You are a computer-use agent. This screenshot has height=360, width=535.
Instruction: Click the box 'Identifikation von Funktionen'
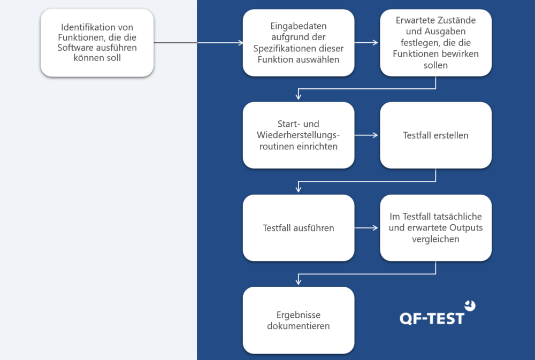point(97,42)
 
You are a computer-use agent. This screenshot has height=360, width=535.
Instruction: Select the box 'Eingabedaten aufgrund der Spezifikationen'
point(298,43)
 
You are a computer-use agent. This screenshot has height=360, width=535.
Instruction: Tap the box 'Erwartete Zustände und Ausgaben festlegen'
point(435,42)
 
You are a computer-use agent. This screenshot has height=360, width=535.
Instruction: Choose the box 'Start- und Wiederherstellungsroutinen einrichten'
point(298,135)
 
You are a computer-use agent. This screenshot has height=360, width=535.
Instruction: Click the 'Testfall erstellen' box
point(435,135)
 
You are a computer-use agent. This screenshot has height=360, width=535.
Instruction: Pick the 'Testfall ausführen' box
point(298,228)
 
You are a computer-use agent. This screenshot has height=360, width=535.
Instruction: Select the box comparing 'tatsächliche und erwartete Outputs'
point(435,228)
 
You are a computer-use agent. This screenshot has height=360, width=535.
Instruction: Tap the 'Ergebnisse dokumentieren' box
point(298,320)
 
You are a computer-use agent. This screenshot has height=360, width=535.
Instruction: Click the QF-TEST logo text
point(432,318)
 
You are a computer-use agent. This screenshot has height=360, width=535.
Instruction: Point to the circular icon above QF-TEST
point(470,305)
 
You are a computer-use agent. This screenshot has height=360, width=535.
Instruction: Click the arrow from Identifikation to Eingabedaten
point(198,43)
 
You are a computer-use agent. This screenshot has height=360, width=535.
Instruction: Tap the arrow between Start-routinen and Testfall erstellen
point(367,135)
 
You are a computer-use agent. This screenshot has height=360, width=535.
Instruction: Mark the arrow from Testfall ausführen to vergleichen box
point(367,228)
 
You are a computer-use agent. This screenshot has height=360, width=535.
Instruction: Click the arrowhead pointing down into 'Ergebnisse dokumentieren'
point(299,282)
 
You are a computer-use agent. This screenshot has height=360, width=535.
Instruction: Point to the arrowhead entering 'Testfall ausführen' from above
point(299,189)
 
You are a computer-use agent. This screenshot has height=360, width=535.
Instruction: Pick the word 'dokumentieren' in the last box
point(298,326)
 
